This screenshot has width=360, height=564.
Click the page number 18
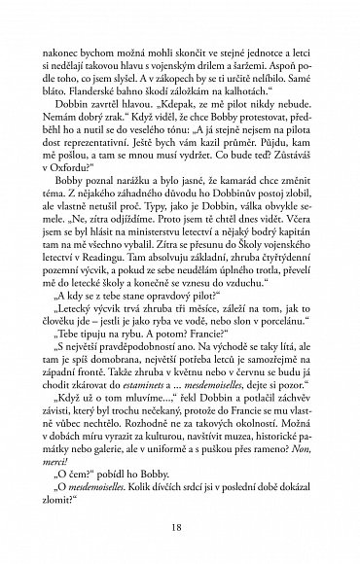coord(180,527)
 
